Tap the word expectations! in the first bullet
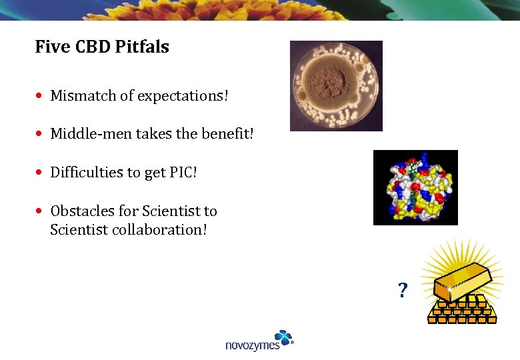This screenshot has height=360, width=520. (183, 96)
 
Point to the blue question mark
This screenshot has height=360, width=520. (402, 291)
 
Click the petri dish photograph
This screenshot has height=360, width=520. (336, 85)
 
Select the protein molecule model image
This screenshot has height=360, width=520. (415, 187)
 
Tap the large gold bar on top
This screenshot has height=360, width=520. (460, 282)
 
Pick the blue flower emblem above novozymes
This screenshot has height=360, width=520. (283, 337)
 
